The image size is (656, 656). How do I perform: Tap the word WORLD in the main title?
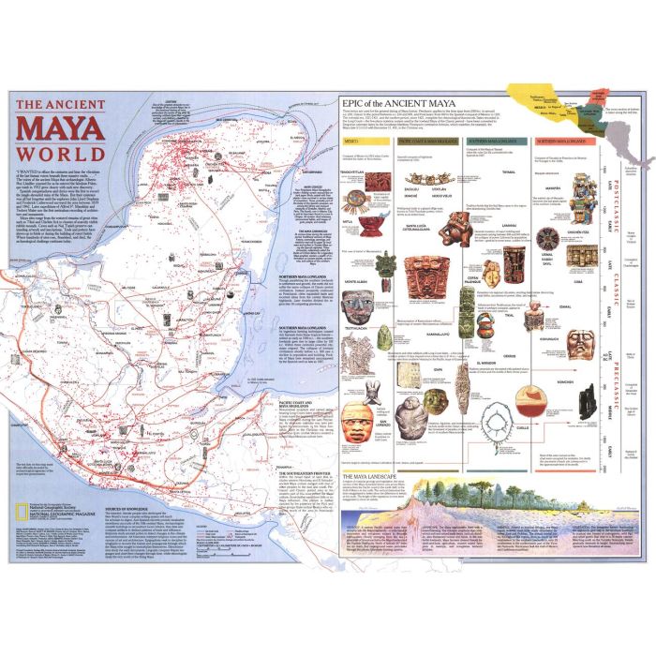[x=62, y=151]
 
